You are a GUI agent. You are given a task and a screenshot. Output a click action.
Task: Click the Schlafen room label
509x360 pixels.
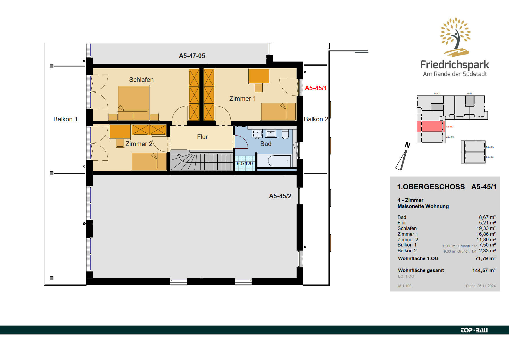pos(141,80)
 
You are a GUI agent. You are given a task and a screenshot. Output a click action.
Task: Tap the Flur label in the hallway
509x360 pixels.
pos(202,137)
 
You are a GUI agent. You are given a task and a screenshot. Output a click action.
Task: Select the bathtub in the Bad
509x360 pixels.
pos(279,161)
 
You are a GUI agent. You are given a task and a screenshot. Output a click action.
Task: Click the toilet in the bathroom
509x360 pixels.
pos(285,134)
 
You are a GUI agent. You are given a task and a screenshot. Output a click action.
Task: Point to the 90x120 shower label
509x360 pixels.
pos(245,163)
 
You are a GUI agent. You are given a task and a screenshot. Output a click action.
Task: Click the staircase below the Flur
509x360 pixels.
pos(202,160)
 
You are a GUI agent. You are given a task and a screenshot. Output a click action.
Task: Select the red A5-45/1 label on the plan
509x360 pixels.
pos(316,88)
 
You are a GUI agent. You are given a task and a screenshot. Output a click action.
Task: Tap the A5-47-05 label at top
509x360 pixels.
pos(192,56)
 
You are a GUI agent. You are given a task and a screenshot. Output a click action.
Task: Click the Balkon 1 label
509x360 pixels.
pos(65,119)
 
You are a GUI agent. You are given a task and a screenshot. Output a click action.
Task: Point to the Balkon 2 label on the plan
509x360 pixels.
pos(316,119)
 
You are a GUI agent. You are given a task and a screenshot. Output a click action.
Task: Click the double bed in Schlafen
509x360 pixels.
pos(133,103)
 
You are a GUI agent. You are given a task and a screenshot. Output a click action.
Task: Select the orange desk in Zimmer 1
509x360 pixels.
pos(259,76)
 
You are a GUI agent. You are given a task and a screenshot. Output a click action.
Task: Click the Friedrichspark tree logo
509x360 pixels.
pos(455,37)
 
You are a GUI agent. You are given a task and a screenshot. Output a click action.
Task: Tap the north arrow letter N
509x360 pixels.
pos(407,145)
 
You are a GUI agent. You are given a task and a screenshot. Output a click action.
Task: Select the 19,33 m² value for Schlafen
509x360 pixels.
pos(486,228)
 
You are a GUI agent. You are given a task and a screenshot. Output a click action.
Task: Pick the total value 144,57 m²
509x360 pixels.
pos(484,270)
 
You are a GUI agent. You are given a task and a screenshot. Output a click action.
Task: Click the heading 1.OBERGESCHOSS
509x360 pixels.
pos(431,187)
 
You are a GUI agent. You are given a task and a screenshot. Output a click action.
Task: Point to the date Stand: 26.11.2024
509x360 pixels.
pos(481,286)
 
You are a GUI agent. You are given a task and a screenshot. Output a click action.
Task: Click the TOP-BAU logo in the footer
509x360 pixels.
pos(474,330)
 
